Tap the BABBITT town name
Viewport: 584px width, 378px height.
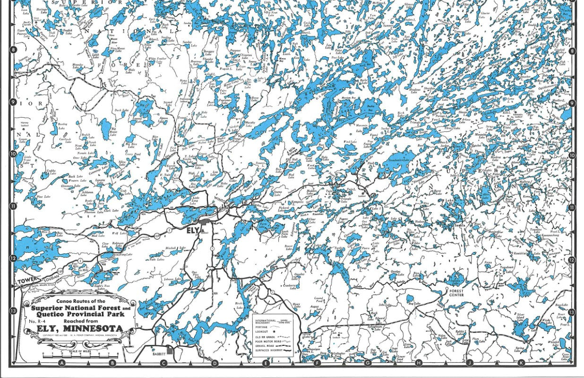[160, 353]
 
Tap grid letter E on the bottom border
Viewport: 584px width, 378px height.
[266, 363]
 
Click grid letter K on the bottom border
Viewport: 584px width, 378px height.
[521, 363]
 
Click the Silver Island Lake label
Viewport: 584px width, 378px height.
[522, 317]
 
